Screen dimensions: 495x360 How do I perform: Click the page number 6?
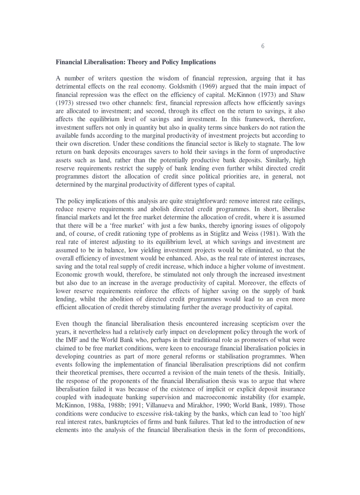click(x=263, y=46)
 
